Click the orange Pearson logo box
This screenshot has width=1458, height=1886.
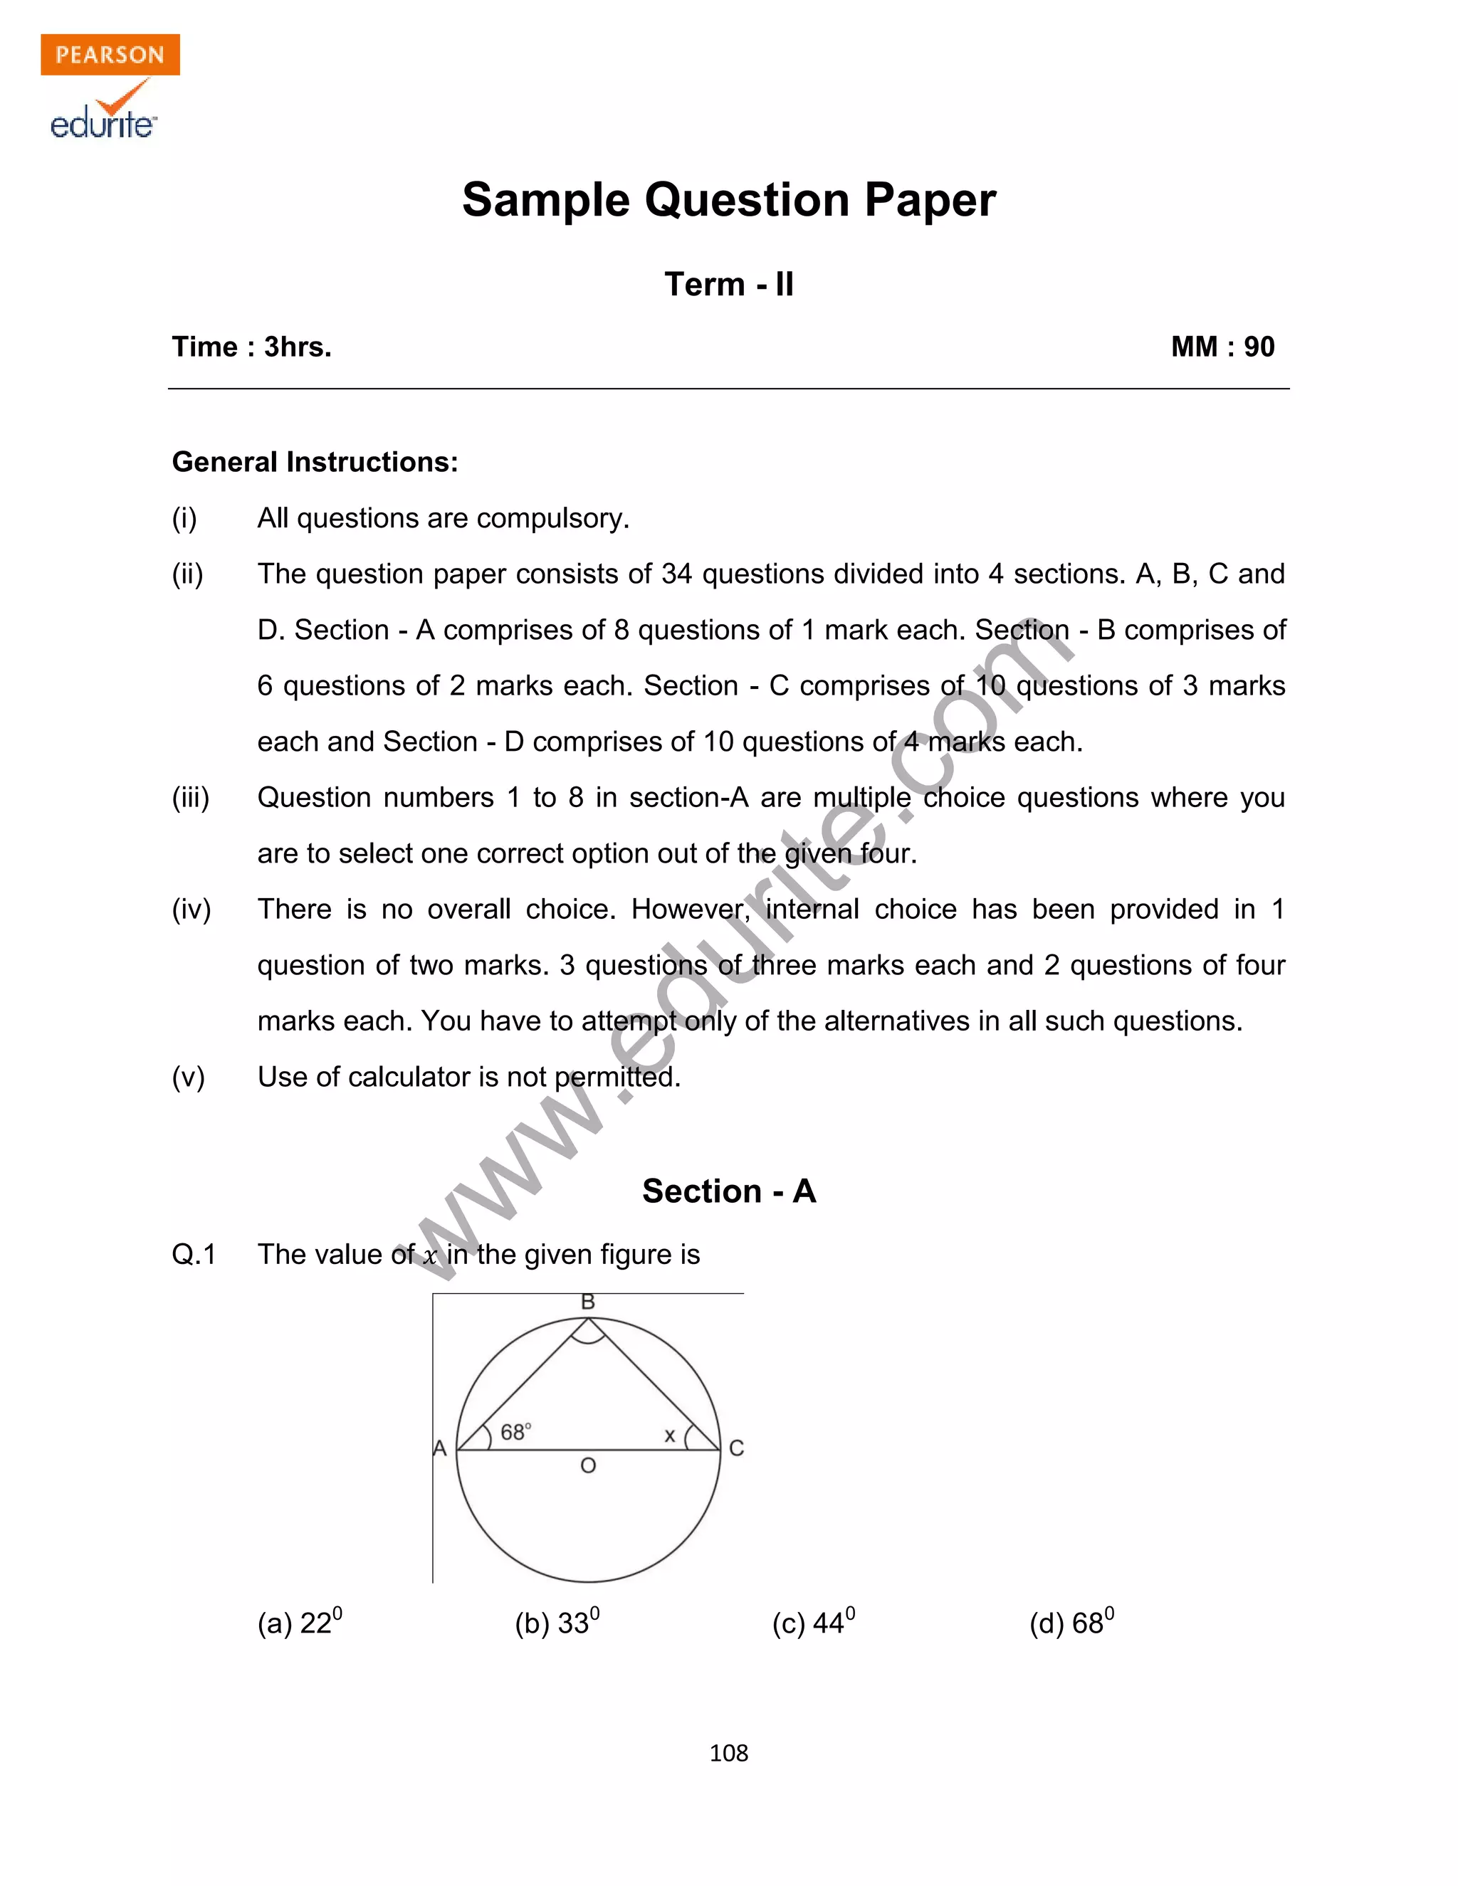pos(110,54)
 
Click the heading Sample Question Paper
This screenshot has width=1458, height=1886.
pos(728,201)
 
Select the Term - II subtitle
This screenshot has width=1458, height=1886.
pos(728,284)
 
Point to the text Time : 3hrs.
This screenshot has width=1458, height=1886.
pos(251,347)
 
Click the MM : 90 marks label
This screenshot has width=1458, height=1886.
pos(1222,347)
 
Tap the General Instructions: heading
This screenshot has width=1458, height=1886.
pos(315,462)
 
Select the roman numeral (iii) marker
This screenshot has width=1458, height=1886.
pos(190,798)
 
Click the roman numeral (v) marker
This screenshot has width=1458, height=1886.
pos(187,1077)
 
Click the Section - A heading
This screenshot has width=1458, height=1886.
pos(728,1191)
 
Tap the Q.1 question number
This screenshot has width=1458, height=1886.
pos(194,1254)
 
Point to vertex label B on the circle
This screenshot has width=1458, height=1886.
pos(587,1302)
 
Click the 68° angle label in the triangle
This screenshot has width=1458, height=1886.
pos(515,1433)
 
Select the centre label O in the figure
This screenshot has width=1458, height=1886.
pos(587,1465)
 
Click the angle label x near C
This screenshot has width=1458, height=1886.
pos(668,1435)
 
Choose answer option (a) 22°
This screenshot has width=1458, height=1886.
pos(300,1623)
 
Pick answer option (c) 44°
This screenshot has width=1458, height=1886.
pos(813,1623)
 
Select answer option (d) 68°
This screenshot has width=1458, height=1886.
pos(1071,1623)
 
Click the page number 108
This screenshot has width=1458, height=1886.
pos(728,1753)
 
